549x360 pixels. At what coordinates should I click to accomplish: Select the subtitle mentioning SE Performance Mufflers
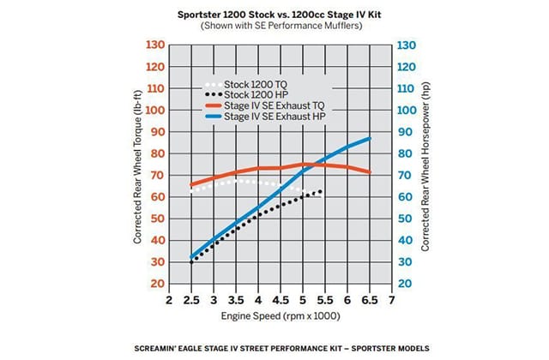click(x=274, y=26)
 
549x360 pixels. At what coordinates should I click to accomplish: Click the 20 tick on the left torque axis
click(x=155, y=284)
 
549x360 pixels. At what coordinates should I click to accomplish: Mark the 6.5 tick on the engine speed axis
click(x=369, y=301)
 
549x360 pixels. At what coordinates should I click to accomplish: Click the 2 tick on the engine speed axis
click(x=168, y=301)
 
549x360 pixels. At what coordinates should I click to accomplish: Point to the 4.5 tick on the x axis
click(x=280, y=301)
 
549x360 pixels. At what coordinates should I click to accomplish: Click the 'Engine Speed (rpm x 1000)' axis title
click(x=281, y=316)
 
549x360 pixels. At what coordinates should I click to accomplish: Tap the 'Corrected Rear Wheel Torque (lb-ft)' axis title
click(x=137, y=164)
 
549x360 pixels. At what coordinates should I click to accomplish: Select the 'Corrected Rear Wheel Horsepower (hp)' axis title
click(x=425, y=164)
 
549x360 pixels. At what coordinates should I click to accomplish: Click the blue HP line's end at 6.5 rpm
click(x=369, y=138)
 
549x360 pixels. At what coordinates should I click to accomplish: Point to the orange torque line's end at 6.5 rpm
click(x=369, y=172)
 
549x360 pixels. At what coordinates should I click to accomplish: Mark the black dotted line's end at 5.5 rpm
click(x=322, y=191)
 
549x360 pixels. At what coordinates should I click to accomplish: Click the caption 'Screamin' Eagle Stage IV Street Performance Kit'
click(x=274, y=349)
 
